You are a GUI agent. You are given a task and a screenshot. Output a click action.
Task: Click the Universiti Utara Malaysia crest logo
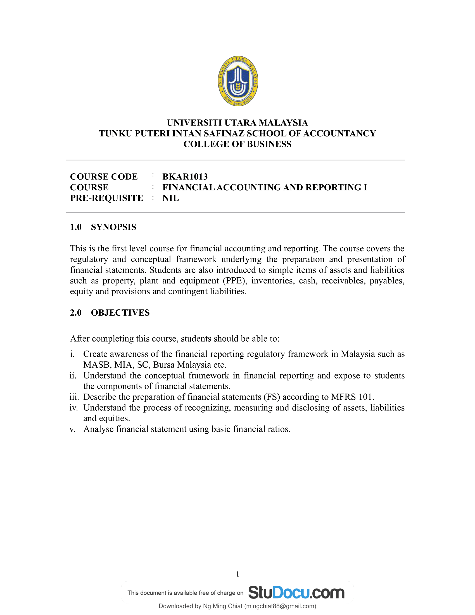pos(238,81)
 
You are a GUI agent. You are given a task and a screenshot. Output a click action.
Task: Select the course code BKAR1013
pos(185,177)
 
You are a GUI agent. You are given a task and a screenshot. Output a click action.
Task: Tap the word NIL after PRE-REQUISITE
pos(170,198)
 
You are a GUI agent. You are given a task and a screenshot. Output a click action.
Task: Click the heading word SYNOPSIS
pos(113,227)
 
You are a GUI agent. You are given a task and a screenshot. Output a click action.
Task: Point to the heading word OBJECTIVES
pos(120,313)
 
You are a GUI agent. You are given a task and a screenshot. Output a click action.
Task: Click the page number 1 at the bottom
pos(237,574)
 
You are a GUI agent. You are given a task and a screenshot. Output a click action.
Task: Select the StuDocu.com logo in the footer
pos(296,592)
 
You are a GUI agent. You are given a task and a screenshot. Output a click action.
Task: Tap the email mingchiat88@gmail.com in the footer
pos(280,606)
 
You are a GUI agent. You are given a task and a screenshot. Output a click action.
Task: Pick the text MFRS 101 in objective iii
pos(352,397)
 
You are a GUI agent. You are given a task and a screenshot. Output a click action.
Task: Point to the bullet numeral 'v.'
pos(73,429)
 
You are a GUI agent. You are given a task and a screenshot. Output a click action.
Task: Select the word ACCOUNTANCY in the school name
pos(340,133)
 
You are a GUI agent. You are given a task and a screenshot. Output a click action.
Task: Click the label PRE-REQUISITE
pos(106,198)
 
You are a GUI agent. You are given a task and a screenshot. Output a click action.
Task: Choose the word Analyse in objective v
pos(98,429)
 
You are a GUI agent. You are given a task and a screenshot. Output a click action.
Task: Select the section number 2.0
pos(76,313)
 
